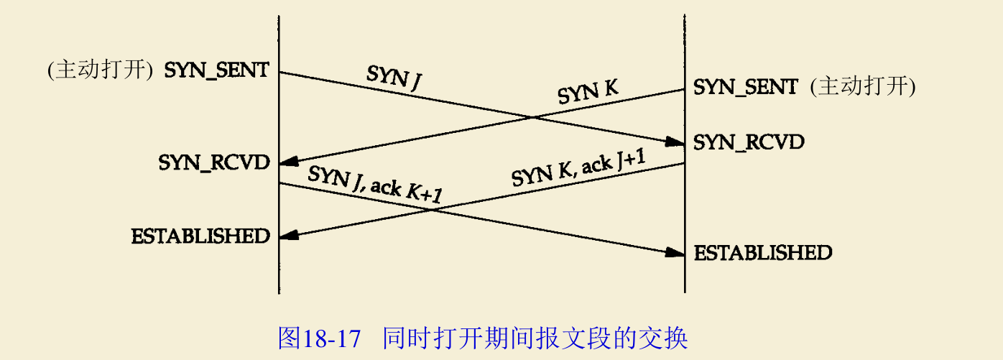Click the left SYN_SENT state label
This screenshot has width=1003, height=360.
click(x=217, y=70)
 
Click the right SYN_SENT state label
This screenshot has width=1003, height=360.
click(x=745, y=88)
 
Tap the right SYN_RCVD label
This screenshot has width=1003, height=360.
click(x=749, y=142)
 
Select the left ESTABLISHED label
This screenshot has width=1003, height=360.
click(x=200, y=236)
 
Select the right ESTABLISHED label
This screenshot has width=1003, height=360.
click(x=762, y=253)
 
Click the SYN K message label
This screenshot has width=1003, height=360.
click(x=588, y=93)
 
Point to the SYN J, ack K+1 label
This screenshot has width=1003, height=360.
click(x=374, y=185)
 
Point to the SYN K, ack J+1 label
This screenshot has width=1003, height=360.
click(x=578, y=170)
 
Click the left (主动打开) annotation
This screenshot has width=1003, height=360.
click(x=99, y=70)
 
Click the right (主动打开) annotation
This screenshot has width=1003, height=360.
click(x=862, y=88)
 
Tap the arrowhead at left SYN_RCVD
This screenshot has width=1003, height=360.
click(x=288, y=163)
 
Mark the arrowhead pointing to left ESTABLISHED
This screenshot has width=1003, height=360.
click(x=288, y=236)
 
